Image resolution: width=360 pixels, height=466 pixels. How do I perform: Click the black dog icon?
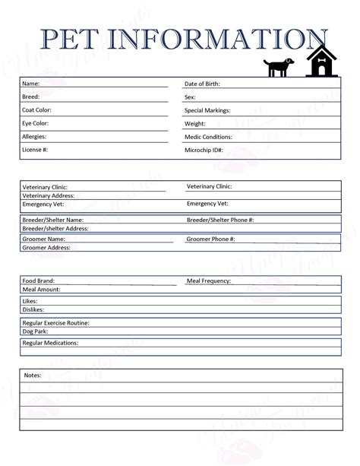click(277, 67)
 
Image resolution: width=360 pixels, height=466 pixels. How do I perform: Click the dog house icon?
click(321, 62)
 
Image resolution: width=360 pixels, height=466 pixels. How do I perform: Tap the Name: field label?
click(31, 83)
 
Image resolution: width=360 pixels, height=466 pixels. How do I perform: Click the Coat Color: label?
click(37, 109)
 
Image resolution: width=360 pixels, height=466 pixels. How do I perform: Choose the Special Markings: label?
click(212, 110)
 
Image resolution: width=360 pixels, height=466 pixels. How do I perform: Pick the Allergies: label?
click(35, 137)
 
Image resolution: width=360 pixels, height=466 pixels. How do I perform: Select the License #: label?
click(36, 151)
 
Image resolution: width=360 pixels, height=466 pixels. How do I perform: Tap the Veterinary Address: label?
click(49, 195)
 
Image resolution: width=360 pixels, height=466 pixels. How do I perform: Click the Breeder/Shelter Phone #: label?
click(220, 219)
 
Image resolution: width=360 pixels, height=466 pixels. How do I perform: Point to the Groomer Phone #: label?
click(210, 239)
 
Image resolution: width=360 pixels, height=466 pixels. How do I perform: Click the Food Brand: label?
click(39, 281)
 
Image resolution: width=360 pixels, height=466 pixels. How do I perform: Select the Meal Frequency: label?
click(209, 281)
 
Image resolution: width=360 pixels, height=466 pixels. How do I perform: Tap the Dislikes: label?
click(33, 309)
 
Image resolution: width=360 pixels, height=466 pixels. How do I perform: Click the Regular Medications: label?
click(50, 343)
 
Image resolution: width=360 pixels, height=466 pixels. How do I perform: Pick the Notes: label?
click(33, 375)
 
